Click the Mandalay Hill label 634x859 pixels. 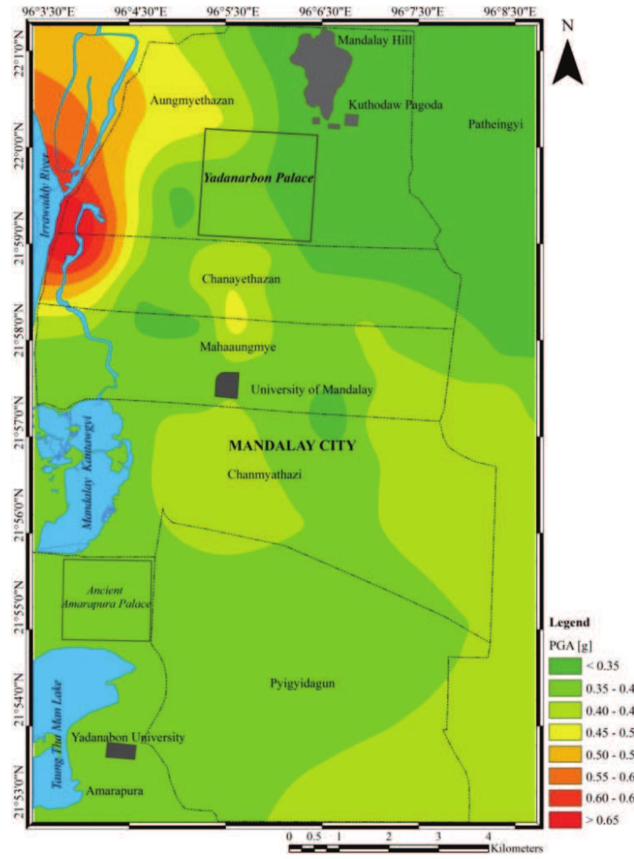tap(374, 40)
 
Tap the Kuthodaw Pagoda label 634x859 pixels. tap(395, 105)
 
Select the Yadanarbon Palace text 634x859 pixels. tap(258, 178)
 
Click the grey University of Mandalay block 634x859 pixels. tap(227, 385)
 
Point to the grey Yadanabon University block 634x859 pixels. tap(121, 751)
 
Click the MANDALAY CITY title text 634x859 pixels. tap(292, 445)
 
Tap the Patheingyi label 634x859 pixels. tap(495, 124)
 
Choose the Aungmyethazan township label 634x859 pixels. tap(192, 100)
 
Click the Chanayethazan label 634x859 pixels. tap(241, 279)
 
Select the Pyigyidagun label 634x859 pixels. tap(302, 683)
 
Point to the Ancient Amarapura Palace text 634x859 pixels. tap(106, 597)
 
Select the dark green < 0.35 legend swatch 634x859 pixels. tap(565, 666)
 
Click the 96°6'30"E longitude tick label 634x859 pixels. tap(325, 12)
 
